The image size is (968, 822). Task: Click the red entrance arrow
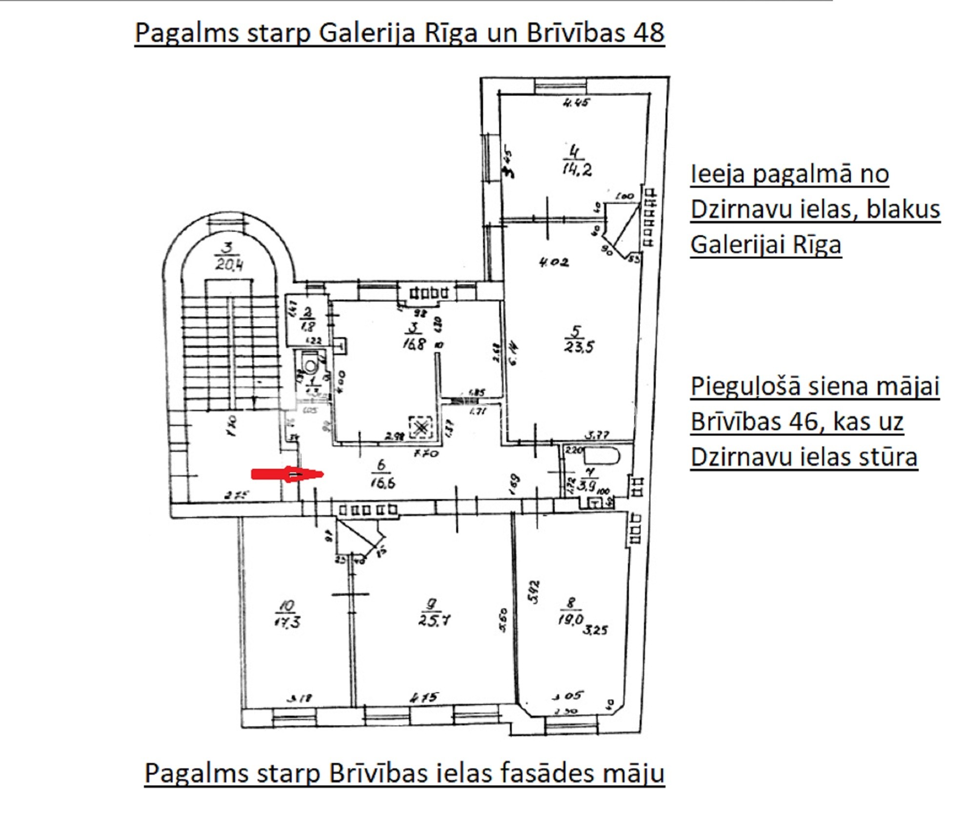pos(287,474)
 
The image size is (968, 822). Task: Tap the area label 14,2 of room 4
pos(577,170)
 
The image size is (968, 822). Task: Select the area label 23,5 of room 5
pos(579,347)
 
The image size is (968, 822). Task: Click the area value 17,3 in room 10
pos(287,622)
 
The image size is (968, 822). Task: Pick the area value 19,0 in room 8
pos(570,620)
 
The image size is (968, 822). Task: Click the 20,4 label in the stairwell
pos(229,264)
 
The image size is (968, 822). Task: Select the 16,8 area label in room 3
pos(414,343)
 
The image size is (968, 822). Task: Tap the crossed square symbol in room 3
pos(421,428)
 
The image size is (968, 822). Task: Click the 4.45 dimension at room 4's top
pos(576,102)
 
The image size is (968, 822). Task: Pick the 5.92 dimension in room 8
pos(535,592)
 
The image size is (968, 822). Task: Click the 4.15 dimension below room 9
pos(424,698)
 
